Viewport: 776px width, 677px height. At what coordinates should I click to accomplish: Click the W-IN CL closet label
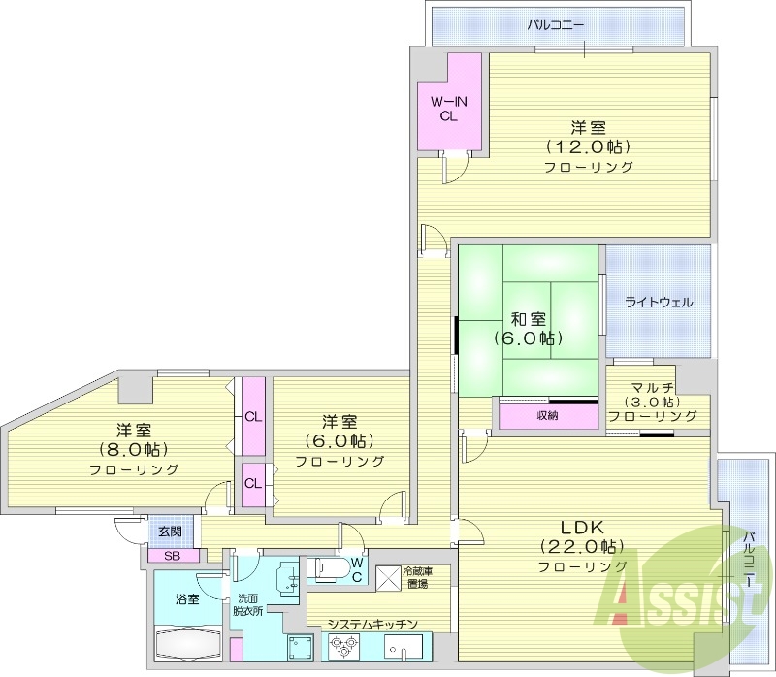click(448, 107)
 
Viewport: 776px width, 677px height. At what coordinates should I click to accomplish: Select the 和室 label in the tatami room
click(530, 319)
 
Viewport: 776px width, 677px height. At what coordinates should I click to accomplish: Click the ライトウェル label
click(659, 302)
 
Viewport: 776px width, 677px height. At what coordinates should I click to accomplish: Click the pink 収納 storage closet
click(548, 416)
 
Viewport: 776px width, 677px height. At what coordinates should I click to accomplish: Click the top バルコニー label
click(556, 24)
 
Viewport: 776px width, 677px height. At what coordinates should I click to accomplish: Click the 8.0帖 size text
click(134, 449)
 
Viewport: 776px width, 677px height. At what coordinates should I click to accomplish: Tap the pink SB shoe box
click(172, 556)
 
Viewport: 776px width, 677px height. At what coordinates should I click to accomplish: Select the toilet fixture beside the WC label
click(327, 568)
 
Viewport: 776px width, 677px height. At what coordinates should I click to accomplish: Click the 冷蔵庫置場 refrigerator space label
click(420, 576)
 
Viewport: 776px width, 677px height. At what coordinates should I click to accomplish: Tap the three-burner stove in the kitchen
click(346, 645)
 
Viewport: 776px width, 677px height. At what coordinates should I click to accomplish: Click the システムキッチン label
click(372, 624)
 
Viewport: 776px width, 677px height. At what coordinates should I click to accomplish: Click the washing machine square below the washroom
click(299, 646)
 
